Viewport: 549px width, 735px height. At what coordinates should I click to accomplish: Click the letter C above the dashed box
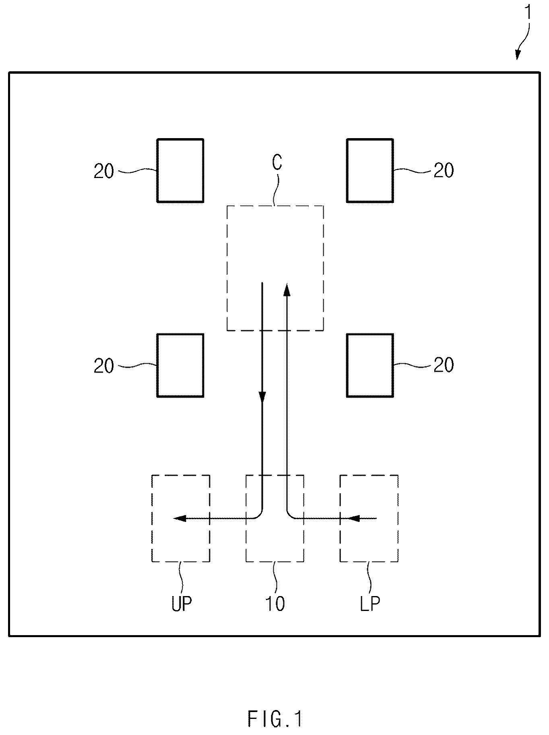pos(277,162)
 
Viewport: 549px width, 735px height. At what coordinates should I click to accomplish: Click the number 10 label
pos(275,604)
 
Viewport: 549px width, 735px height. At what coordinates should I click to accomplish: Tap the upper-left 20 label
pos(104,171)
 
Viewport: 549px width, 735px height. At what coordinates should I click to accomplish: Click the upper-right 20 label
pos(444,170)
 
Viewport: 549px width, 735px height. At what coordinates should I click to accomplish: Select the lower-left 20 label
pos(104,366)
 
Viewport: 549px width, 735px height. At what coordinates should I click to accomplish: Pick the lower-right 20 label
pos(444,365)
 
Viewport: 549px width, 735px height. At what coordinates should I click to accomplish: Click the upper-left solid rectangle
pos(180,139)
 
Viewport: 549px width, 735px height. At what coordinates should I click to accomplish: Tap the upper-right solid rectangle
pos(370,139)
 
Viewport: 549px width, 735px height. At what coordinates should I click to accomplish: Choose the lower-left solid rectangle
pos(180,334)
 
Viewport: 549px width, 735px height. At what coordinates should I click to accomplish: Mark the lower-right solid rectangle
pos(370,334)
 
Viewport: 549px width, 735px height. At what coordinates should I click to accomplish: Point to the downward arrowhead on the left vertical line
pos(262,397)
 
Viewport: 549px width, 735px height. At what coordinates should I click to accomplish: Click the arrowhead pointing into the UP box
pos(180,518)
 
